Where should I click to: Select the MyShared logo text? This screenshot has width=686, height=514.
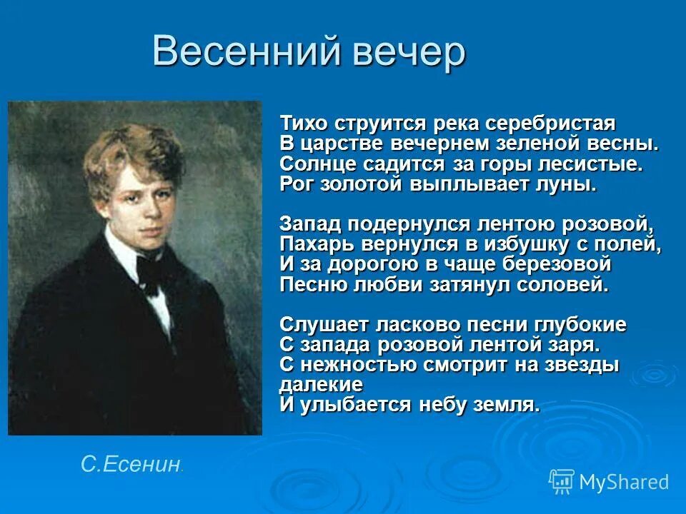tap(624, 482)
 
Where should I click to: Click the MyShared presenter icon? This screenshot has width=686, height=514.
tap(561, 482)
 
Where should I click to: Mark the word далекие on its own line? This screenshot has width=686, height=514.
tap(321, 385)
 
